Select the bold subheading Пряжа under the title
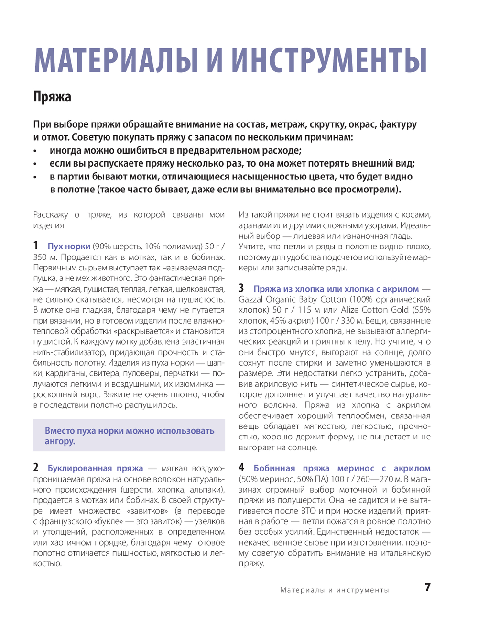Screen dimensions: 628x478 pyautogui.click(x=52, y=97)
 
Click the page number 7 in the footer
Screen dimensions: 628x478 pyautogui.click(x=427, y=588)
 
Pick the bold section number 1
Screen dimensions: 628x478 pyautogui.click(x=36, y=246)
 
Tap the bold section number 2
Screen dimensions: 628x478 pyautogui.click(x=36, y=468)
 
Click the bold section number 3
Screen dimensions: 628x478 pyautogui.click(x=241, y=288)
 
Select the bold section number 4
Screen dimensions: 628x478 pyautogui.click(x=241, y=468)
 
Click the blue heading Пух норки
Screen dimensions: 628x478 pyautogui.click(x=69, y=247)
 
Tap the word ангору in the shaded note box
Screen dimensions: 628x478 pyautogui.click(x=60, y=441)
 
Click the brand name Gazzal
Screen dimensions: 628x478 pyautogui.click(x=251, y=300)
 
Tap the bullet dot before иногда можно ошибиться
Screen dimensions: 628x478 pyautogui.click(x=35, y=151)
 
